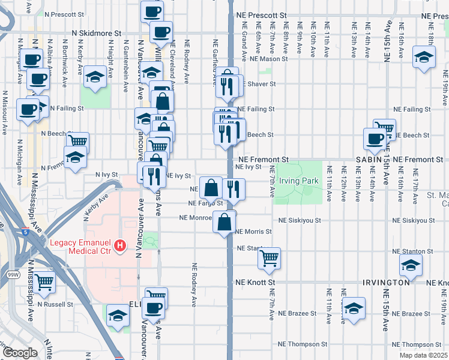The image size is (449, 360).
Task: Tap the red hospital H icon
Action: (x=121, y=246)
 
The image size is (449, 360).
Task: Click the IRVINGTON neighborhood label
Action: (x=385, y=282)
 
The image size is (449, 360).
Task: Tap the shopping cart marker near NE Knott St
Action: (x=270, y=258)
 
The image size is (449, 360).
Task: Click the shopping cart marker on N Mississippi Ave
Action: (x=44, y=282)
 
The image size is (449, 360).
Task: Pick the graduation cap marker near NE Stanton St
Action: (x=411, y=265)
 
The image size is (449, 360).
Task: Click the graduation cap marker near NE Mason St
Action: (x=424, y=58)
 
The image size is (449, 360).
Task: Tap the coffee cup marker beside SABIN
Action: (x=375, y=139)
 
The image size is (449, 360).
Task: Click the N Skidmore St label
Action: (x=97, y=34)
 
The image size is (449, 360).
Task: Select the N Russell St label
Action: (x=55, y=304)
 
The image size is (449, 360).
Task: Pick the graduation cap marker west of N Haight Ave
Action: (x=95, y=77)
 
